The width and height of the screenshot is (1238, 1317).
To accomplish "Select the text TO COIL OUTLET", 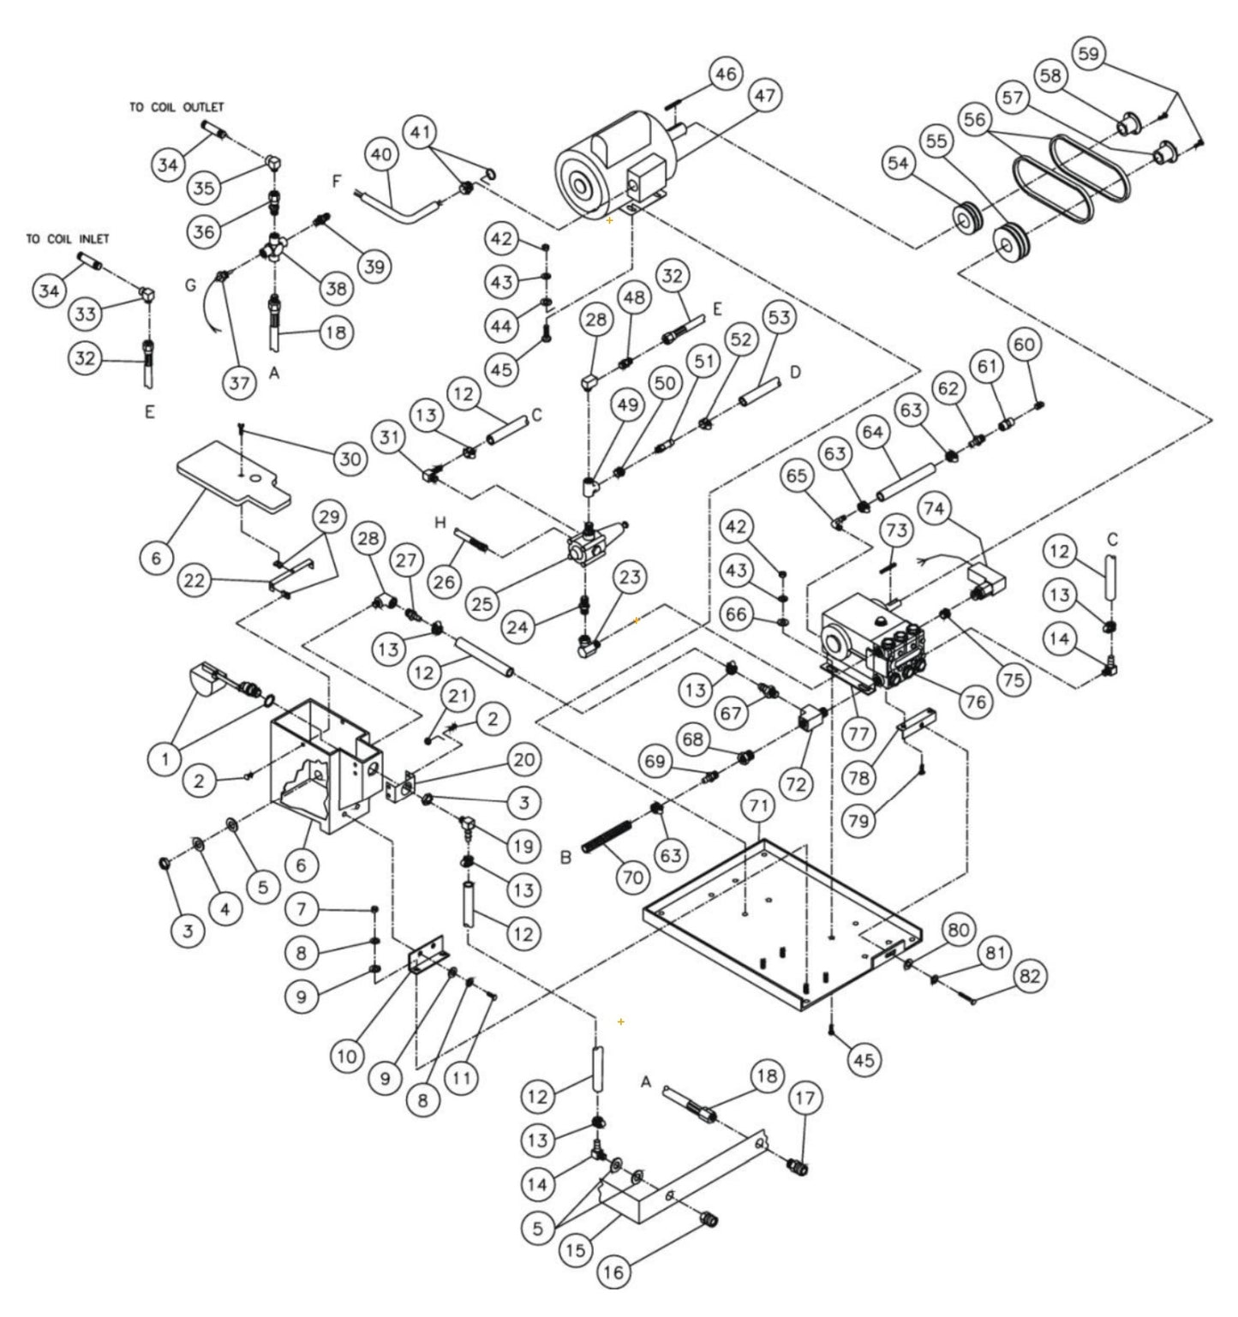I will point(177,107).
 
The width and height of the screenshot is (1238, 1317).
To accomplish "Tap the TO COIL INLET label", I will point(68,238).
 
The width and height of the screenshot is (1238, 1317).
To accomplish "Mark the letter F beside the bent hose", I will point(336,182).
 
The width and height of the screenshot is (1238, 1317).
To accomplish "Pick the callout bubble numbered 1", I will point(165,757).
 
